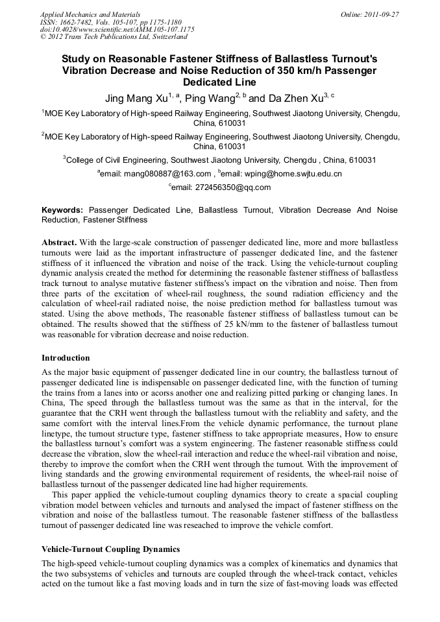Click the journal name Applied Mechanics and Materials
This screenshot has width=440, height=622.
point(90,14)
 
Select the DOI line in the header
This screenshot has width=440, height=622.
point(117,29)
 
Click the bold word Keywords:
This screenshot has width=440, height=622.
point(62,210)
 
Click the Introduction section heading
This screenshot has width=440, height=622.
point(66,357)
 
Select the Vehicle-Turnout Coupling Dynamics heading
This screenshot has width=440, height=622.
point(110,549)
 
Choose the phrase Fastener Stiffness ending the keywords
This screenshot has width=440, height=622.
point(115,220)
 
